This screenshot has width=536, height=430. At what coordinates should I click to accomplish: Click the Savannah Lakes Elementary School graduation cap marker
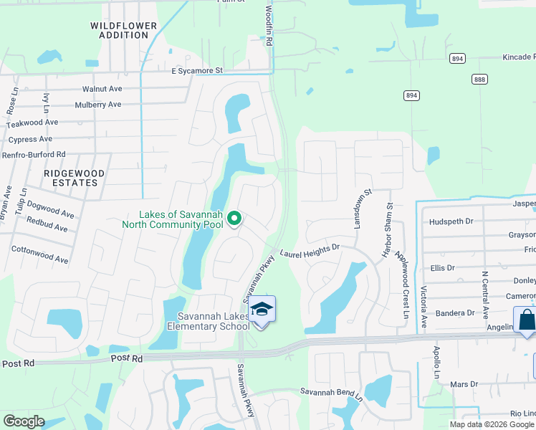tap(262, 310)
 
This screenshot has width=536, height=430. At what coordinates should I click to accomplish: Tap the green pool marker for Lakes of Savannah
tap(233, 218)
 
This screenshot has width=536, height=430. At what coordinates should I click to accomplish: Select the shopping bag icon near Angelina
tap(526, 321)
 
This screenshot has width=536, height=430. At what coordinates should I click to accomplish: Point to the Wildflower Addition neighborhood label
tap(123, 30)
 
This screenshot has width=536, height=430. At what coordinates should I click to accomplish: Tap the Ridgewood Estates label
tap(74, 178)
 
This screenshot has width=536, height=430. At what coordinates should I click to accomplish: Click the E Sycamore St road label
tap(197, 71)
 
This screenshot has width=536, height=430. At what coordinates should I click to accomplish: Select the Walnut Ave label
tap(102, 89)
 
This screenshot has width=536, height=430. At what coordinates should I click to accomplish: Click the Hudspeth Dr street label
tap(451, 221)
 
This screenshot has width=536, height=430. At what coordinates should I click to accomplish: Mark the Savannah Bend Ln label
tap(332, 393)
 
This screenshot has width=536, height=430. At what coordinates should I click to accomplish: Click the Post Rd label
tap(126, 357)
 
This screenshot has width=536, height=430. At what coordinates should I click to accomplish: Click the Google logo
tap(24, 422)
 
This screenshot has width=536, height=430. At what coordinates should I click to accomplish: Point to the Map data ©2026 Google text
tap(491, 424)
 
